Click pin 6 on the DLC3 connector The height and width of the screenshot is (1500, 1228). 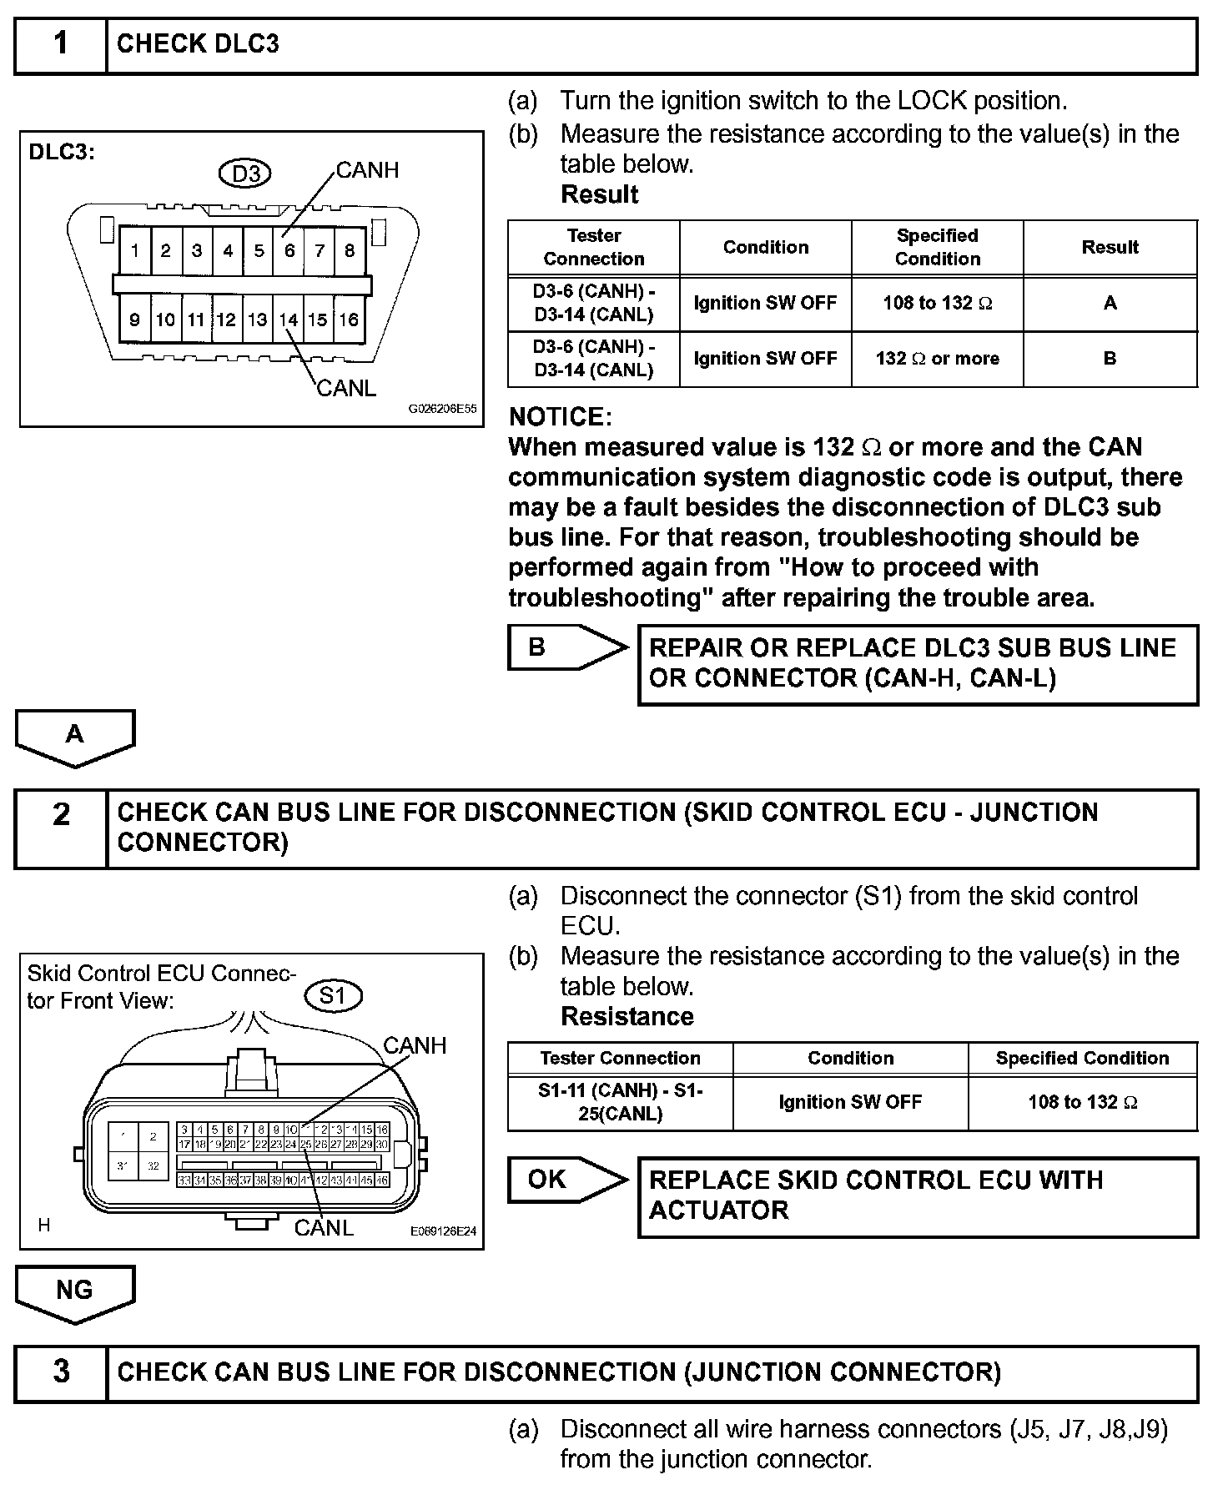(289, 250)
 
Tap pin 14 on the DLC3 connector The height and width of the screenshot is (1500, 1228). (289, 320)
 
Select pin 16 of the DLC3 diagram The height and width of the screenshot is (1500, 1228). (349, 320)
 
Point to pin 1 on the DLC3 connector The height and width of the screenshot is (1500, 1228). (135, 250)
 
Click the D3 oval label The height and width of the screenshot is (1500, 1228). (246, 174)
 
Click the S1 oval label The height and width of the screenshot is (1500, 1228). (332, 995)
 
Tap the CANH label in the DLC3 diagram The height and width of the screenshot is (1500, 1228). (367, 170)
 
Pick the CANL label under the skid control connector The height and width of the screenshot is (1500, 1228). (324, 1227)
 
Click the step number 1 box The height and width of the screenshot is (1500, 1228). (61, 44)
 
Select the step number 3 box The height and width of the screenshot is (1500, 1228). (61, 1372)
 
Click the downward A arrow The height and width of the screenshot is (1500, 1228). (75, 736)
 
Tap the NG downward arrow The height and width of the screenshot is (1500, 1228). (75, 1291)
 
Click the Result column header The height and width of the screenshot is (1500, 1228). (1110, 248)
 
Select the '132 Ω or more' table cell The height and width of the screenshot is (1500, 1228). (937, 359)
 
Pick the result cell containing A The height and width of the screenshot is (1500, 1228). (1110, 304)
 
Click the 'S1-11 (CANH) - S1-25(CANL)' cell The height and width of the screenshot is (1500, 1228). (621, 1102)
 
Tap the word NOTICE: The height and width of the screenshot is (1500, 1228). (560, 416)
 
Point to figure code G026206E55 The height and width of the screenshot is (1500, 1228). (442, 410)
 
